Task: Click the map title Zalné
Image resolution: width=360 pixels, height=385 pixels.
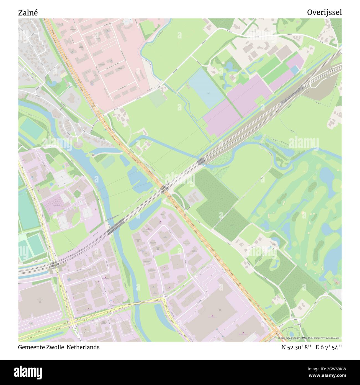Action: coord(28,13)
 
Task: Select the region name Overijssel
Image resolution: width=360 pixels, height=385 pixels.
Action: coord(324,12)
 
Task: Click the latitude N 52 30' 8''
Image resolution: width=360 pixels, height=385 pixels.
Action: coord(297,347)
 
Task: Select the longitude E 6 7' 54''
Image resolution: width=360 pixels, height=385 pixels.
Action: coord(328,347)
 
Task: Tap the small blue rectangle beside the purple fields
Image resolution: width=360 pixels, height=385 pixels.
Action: coord(294,70)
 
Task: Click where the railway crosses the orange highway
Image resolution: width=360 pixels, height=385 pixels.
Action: coord(164,189)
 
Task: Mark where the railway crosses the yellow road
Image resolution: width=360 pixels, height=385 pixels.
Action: coord(54,264)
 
